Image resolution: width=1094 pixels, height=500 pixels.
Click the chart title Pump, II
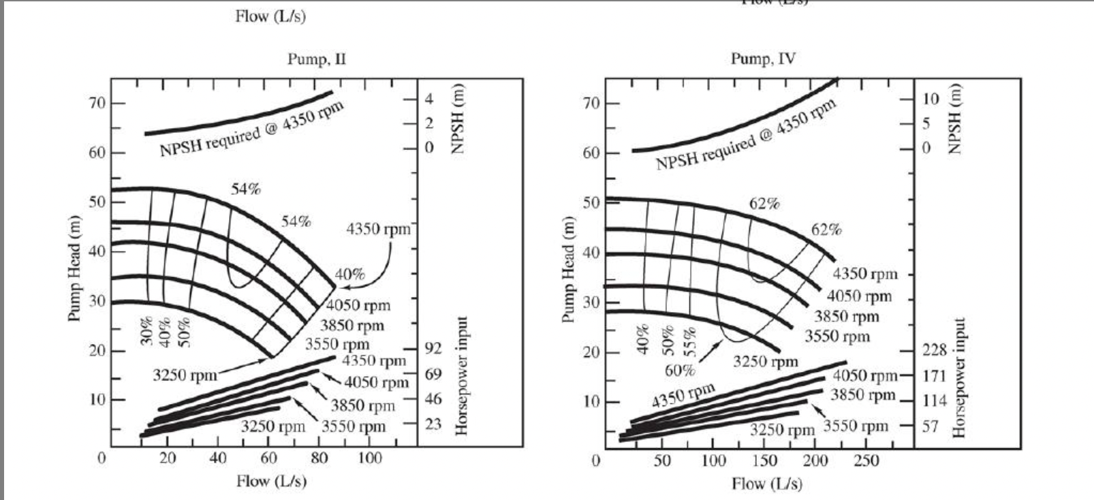(316, 59)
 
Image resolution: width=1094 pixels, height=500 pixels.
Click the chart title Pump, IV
(763, 59)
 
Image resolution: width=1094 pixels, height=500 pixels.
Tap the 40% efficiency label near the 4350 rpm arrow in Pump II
(349, 275)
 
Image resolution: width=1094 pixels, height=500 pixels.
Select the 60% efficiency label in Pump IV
(680, 371)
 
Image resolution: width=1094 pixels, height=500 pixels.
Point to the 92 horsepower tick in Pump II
(433, 349)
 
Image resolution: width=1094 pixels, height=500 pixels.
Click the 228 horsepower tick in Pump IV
(935, 350)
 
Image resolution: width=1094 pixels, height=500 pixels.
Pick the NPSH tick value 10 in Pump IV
(931, 99)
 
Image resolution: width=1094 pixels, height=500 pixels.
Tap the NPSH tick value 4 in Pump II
(429, 99)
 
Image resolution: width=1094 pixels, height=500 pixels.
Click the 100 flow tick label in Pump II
(370, 458)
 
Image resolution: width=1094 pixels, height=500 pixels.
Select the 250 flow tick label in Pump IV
(866, 461)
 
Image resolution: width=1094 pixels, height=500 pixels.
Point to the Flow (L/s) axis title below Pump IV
(767, 484)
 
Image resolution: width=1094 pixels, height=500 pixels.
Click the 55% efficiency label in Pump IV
(691, 340)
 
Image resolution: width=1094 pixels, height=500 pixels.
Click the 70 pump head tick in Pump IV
(591, 104)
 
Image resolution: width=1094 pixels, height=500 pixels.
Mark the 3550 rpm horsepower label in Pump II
(353, 427)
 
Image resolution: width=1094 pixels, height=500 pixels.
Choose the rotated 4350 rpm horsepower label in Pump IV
(684, 394)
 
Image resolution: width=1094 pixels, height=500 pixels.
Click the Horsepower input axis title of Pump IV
(960, 377)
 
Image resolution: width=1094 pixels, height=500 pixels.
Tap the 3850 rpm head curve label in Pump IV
(847, 317)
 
